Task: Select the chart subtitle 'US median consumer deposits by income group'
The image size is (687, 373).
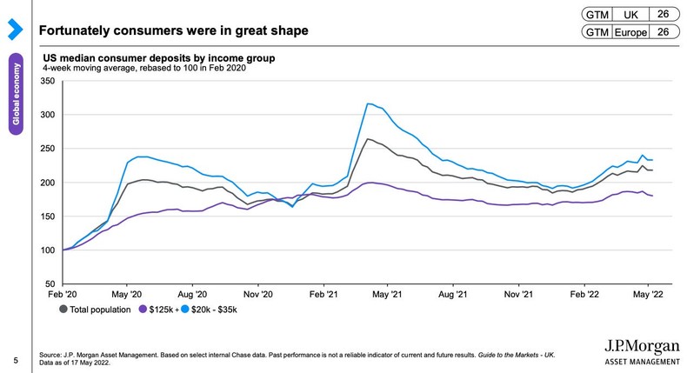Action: coord(159,58)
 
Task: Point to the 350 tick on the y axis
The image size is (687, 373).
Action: coord(48,81)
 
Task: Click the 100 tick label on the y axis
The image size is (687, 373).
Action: coord(48,250)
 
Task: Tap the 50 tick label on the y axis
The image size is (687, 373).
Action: coord(50,284)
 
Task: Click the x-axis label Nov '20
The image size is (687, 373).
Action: coord(257,295)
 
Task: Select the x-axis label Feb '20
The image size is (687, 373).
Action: coord(62,295)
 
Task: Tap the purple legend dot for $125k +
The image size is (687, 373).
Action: coord(143,309)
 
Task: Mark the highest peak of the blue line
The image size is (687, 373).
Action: coord(369,103)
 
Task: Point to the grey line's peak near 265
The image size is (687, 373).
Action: coord(369,139)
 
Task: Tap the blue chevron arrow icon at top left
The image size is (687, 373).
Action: coord(13,30)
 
